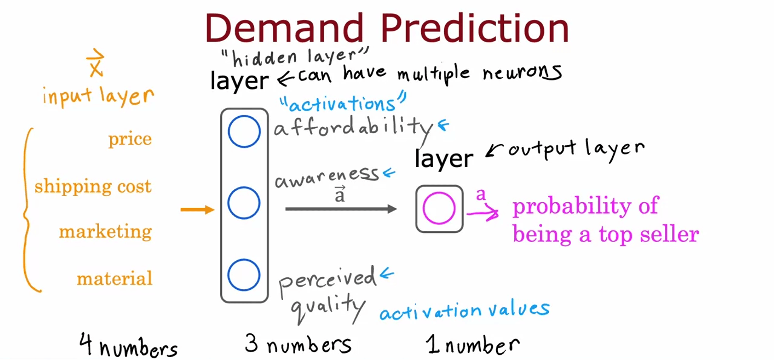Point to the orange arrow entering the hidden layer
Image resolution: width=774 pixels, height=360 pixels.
point(197,209)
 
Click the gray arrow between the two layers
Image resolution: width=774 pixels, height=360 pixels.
point(341,209)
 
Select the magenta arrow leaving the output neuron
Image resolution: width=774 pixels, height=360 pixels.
point(483,213)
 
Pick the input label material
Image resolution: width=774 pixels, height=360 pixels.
point(115,278)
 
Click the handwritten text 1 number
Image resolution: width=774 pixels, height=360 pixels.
point(473,344)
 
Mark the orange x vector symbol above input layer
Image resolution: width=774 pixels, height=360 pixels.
point(96,63)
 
